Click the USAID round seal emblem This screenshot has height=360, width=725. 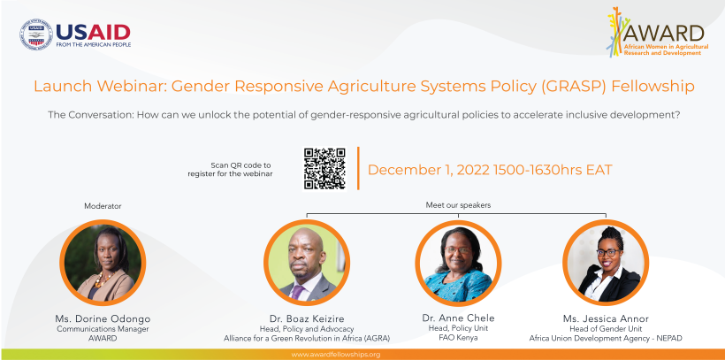[36, 34]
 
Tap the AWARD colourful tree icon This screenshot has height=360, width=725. [617, 32]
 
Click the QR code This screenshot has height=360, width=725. [324, 168]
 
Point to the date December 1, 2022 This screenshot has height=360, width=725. [429, 170]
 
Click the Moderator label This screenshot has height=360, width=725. [103, 206]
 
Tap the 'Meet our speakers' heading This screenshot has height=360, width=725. [458, 205]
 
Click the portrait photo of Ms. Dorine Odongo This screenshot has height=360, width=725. [103, 263]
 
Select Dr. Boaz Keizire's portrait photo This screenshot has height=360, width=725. [307, 263]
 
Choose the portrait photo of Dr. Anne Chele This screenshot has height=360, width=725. [458, 263]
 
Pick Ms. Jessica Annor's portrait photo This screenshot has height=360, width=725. [606, 263]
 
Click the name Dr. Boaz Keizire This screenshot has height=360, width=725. [307, 318]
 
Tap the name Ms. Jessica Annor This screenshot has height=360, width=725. [606, 318]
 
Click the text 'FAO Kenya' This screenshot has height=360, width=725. [458, 338]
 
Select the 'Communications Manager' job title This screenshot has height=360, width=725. [103, 329]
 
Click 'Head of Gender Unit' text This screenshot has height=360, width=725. [606, 329]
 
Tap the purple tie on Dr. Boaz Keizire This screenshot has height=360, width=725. [297, 292]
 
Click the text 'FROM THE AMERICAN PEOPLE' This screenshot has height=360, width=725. [94, 45]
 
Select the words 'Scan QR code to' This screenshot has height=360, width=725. [240, 165]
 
